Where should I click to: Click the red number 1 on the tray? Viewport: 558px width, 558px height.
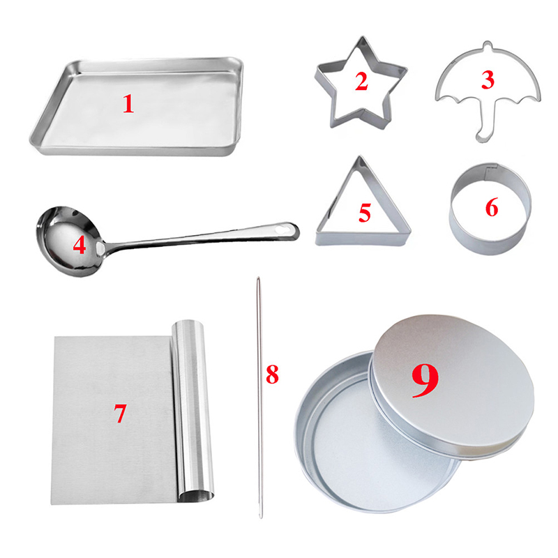[128, 104]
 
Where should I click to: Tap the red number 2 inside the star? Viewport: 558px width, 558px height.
[361, 81]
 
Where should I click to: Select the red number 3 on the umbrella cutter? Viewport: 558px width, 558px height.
[488, 80]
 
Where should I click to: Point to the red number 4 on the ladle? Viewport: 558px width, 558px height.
[80, 246]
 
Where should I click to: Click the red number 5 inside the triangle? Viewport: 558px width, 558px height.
[365, 213]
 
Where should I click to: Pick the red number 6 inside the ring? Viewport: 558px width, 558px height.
[492, 207]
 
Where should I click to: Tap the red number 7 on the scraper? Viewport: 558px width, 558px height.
[120, 413]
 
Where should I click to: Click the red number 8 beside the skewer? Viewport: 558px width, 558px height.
[272, 375]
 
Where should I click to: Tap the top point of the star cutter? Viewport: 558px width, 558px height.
[362, 38]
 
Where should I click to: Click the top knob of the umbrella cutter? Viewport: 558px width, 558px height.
[488, 44]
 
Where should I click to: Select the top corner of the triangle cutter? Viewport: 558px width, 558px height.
[360, 158]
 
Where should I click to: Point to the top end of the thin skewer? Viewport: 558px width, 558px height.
[258, 278]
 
